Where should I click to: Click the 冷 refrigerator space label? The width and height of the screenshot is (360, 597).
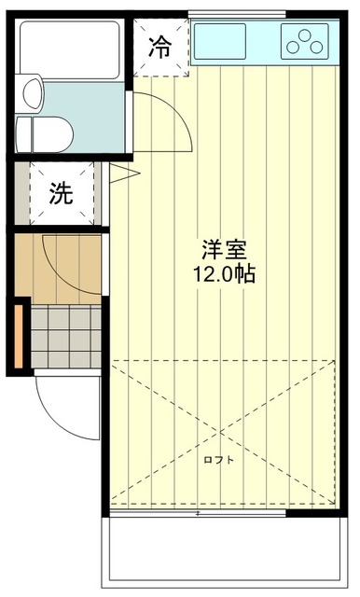161,46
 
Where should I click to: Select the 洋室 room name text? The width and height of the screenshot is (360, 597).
224,251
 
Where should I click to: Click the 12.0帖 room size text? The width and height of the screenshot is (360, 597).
224,275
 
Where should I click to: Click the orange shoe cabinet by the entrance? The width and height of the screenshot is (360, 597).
18,334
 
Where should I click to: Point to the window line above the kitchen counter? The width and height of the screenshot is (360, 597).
237,13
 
